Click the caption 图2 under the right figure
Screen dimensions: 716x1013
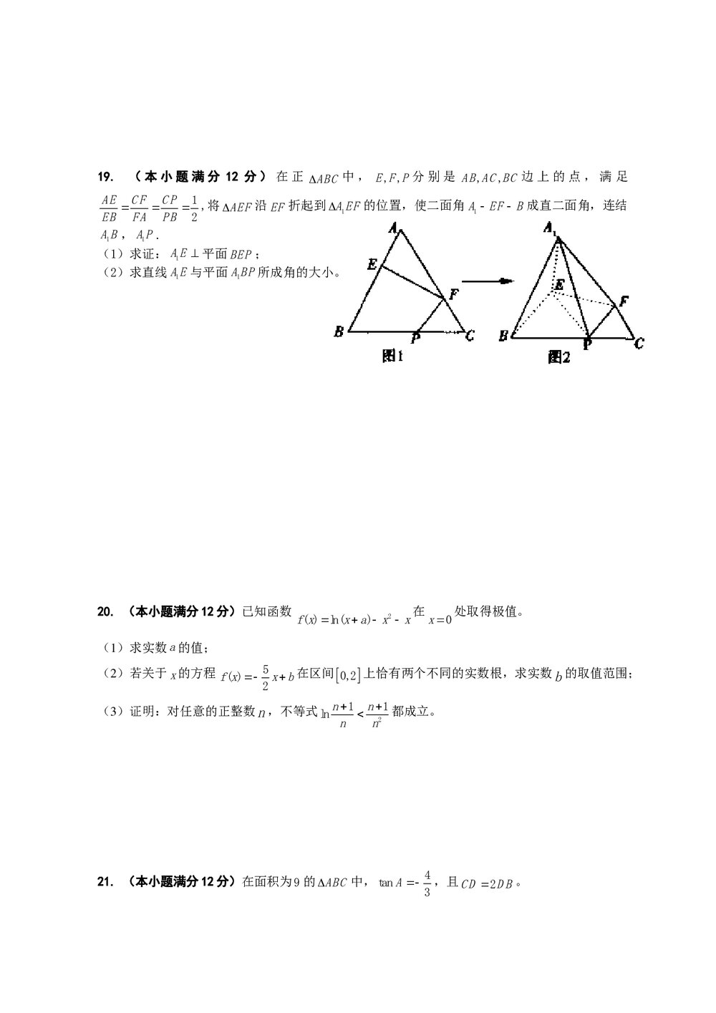coord(558,357)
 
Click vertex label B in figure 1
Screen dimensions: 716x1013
coord(339,331)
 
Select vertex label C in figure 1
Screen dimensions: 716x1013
coord(470,334)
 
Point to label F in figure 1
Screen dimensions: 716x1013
coord(453,294)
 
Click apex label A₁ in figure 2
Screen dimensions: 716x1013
coord(551,229)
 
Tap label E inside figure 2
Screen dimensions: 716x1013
coord(560,285)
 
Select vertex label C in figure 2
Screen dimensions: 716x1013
coord(639,344)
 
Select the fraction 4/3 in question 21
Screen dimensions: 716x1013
coord(427,883)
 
